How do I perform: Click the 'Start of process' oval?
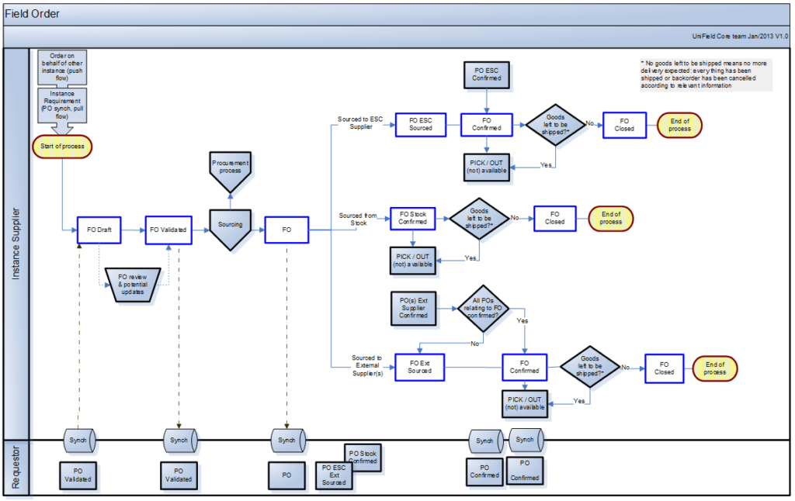click(62, 146)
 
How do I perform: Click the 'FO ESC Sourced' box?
click(421, 124)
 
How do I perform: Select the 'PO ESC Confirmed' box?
click(487, 74)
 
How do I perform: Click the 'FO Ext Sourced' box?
click(420, 367)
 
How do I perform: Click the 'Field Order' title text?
click(33, 14)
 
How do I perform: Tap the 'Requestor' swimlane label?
click(16, 468)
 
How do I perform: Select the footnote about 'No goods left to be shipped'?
click(704, 74)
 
